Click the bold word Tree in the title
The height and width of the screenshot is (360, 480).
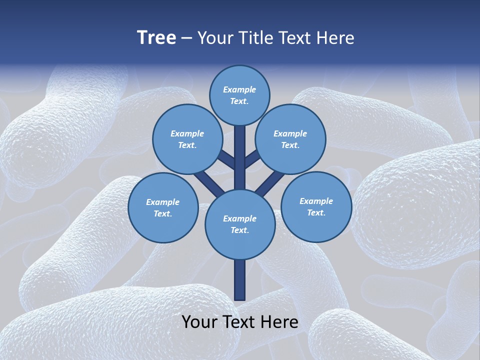pyautogui.click(x=156, y=38)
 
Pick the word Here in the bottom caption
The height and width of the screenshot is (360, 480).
pyautogui.click(x=280, y=322)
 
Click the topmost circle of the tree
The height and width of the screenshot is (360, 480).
pyautogui.click(x=239, y=95)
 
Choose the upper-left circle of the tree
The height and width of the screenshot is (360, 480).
pyautogui.click(x=187, y=139)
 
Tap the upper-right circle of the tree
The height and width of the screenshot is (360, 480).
pyautogui.click(x=290, y=139)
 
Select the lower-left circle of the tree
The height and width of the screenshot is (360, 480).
pyautogui.click(x=163, y=208)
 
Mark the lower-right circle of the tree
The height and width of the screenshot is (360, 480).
pyautogui.click(x=316, y=207)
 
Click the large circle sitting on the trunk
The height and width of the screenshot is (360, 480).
pyautogui.click(x=240, y=224)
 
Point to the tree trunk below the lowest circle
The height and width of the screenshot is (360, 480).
pyautogui.click(x=240, y=280)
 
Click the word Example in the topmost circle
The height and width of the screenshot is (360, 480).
pyautogui.click(x=239, y=90)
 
